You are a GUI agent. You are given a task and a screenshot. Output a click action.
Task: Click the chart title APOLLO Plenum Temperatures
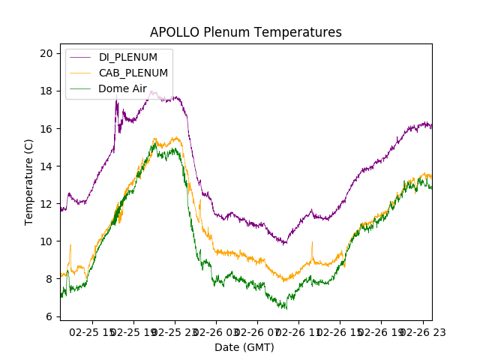coord(245,32)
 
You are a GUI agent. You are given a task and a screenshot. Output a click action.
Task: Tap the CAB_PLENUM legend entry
coord(133,73)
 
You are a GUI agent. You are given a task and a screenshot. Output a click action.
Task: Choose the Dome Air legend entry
coord(122,88)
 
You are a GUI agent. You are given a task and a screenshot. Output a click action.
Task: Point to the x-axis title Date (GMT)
coord(244,347)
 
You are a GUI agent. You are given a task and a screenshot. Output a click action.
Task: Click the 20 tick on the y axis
coord(46,53)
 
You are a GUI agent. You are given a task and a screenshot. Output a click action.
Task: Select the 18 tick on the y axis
coord(46,91)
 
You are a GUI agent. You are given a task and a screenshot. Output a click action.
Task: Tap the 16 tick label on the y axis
coord(46,128)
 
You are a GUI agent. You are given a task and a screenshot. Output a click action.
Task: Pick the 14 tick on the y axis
coord(46,166)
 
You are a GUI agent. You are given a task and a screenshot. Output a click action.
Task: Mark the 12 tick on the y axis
coord(46,203)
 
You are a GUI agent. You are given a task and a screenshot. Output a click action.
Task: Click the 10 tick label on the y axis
coord(46,241)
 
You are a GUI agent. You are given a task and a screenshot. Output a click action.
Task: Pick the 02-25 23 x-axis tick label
coord(175,331)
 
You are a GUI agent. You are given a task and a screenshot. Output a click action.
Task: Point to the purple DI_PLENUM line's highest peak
coord(153,91)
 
